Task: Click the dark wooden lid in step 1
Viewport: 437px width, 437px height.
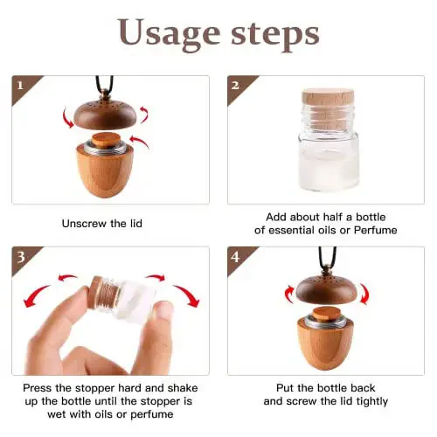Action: point(105,114)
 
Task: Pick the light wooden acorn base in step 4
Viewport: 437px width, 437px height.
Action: point(325,343)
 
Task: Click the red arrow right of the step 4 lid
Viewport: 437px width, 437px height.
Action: point(364,294)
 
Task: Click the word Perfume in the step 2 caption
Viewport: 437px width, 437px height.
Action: point(375,231)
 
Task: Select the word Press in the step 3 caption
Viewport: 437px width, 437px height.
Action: point(38,388)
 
